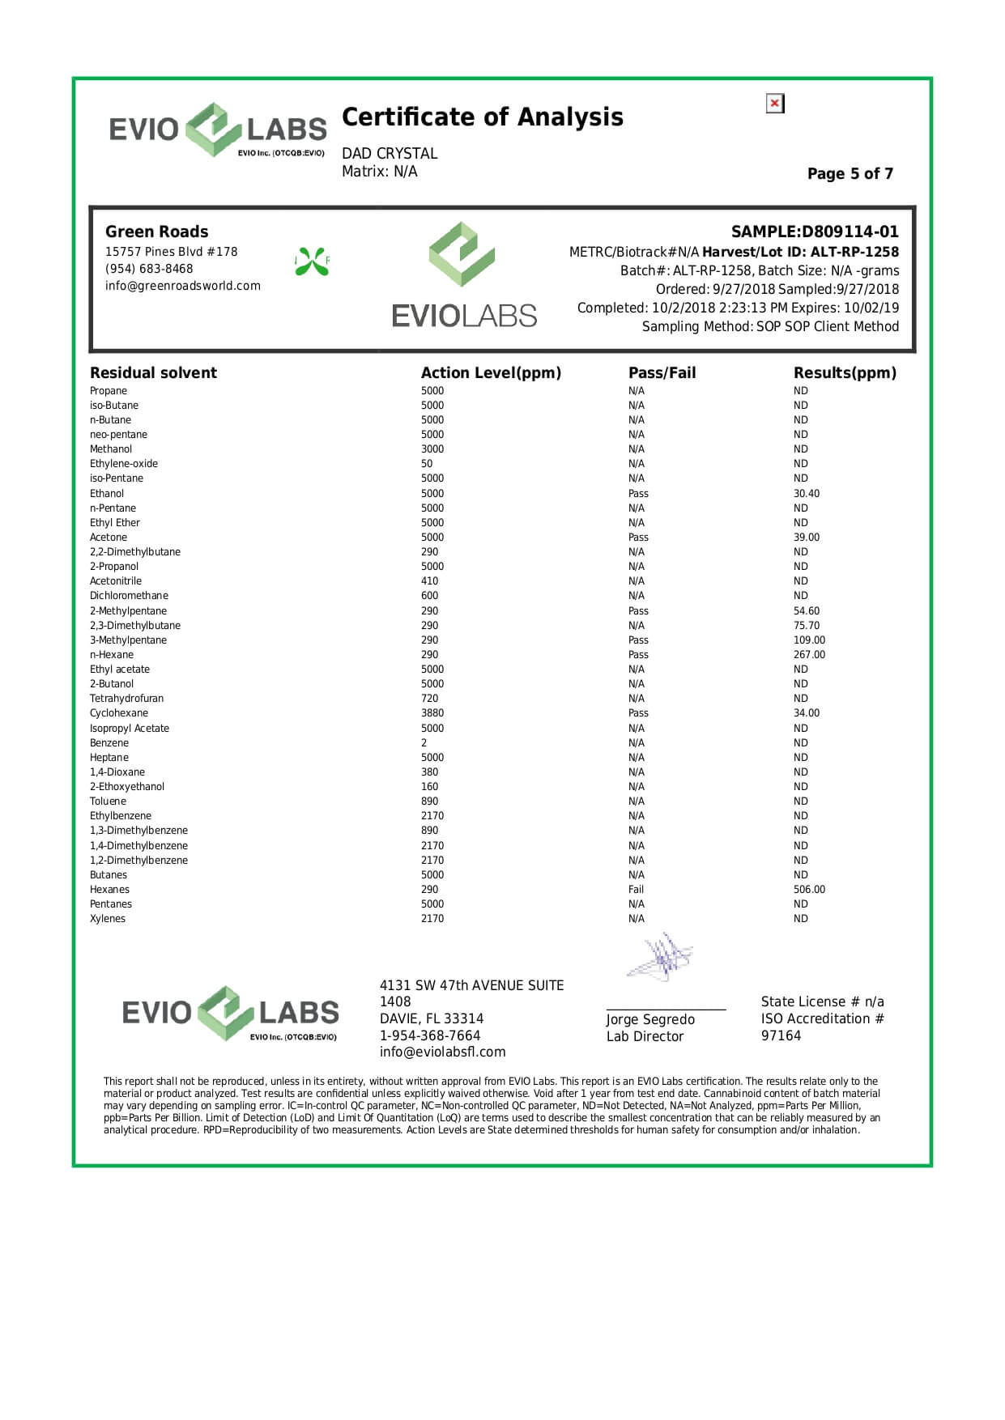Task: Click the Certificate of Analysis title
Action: click(x=483, y=117)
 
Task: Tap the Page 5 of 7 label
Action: click(x=850, y=174)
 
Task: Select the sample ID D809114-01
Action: click(x=815, y=232)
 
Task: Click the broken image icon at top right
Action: click(x=775, y=104)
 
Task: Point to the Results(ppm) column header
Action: click(x=845, y=373)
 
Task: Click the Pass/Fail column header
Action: click(x=662, y=373)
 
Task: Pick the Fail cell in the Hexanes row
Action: click(x=637, y=890)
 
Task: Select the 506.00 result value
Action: click(x=809, y=890)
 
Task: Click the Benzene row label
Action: click(x=109, y=743)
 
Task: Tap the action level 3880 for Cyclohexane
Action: click(x=432, y=713)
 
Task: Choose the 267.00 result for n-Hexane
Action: click(x=809, y=655)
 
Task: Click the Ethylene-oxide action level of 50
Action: click(x=427, y=464)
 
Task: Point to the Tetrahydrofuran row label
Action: click(x=126, y=699)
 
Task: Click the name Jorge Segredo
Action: click(x=650, y=1020)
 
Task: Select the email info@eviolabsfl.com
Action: click(x=442, y=1052)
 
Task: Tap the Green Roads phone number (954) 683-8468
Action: click(x=149, y=269)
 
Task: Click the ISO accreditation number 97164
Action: click(x=781, y=1036)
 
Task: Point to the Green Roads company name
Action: click(x=156, y=232)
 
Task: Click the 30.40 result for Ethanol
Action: click(x=806, y=494)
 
